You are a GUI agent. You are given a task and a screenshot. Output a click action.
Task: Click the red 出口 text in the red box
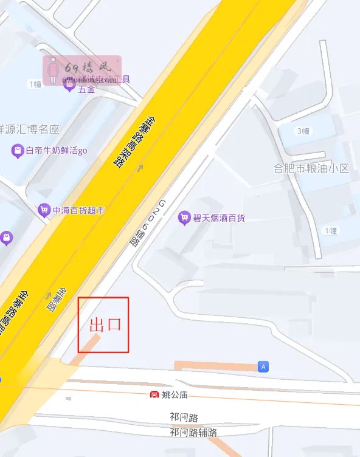pyautogui.click(x=105, y=325)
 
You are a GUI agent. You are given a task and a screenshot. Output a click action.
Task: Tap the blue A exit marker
pyautogui.click(x=263, y=366)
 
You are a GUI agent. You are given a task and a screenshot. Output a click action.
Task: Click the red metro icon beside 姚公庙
pyautogui.click(x=154, y=395)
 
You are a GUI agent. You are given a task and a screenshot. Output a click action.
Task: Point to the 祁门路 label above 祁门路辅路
pyautogui.click(x=184, y=417)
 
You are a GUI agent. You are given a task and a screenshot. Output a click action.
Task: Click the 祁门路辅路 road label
pyautogui.click(x=193, y=432)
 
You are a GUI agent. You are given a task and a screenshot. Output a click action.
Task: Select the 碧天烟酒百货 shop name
pyautogui.click(x=219, y=218)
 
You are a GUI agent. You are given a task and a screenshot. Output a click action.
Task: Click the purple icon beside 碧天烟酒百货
pyautogui.click(x=184, y=218)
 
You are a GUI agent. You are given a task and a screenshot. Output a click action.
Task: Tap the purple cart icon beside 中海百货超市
pyautogui.click(x=44, y=210)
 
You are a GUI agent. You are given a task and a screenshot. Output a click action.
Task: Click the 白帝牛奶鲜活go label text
pyautogui.click(x=57, y=150)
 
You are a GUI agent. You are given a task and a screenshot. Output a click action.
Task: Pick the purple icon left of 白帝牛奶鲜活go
pyautogui.click(x=18, y=150)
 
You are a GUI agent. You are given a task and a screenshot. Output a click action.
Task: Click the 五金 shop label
pyautogui.click(x=86, y=89)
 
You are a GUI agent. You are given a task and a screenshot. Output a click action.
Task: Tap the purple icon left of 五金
pyautogui.click(x=69, y=84)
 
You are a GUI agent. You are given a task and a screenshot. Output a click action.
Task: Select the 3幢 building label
pyautogui.click(x=303, y=131)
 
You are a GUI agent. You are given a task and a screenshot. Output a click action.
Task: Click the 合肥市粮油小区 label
pyautogui.click(x=311, y=168)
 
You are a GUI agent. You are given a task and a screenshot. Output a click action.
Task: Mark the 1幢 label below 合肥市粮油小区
pyautogui.click(x=330, y=230)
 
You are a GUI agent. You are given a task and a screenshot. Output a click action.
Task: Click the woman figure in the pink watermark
pyautogui.click(x=53, y=70)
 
